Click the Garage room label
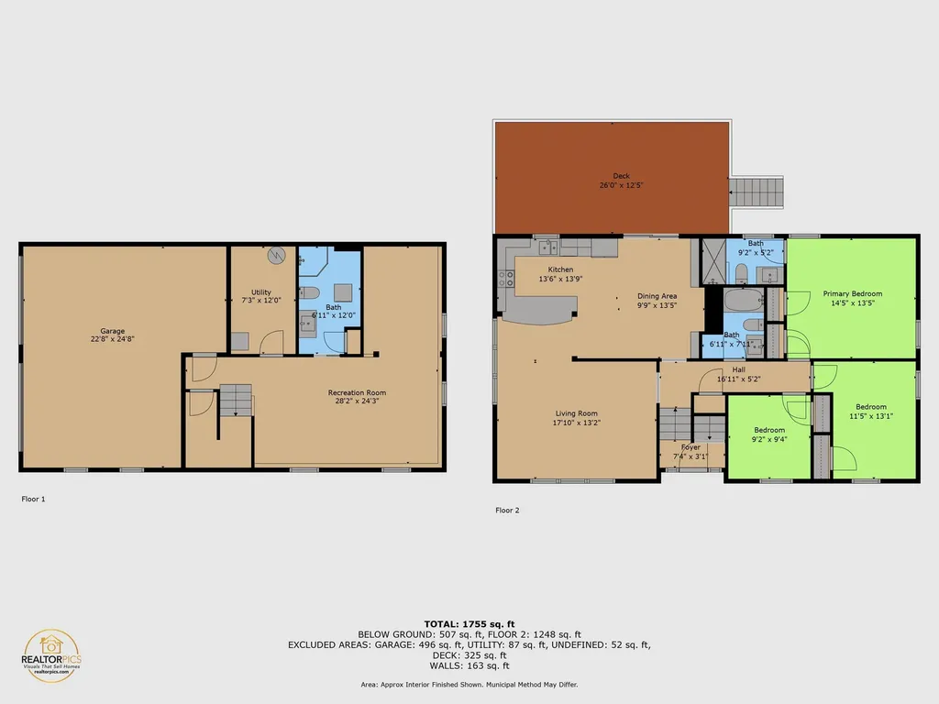click(113, 331)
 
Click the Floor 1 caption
click(33, 500)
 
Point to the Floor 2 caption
click(507, 511)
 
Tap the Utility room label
click(261, 292)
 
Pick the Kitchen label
click(560, 269)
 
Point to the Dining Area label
click(657, 296)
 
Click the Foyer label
click(690, 447)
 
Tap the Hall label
click(739, 369)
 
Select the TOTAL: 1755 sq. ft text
click(469, 623)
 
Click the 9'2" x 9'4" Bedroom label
click(769, 430)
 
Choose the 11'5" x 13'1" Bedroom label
click(871, 407)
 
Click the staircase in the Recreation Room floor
click(235, 401)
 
